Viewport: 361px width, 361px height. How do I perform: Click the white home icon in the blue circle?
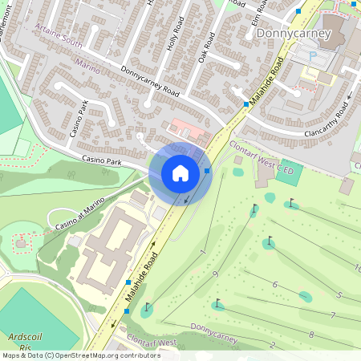(x=180, y=172)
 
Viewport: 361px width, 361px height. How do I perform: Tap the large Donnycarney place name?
(x=292, y=33)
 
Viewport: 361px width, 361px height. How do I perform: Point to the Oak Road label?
(x=207, y=48)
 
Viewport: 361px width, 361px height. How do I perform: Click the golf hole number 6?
(x=274, y=285)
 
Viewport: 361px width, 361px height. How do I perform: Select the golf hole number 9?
(x=215, y=274)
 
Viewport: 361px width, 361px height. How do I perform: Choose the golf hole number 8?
(x=310, y=333)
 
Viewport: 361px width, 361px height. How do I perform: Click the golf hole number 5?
(x=339, y=295)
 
